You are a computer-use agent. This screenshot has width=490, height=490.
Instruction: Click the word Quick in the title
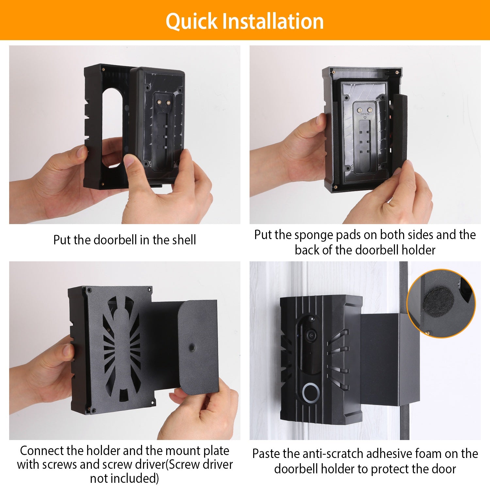coord(191,22)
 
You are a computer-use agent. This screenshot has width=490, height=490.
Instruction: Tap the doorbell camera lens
coord(311,335)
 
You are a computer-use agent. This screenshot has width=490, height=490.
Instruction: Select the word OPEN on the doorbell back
coord(365,114)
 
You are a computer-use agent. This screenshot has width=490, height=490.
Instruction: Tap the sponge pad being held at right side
coord(399,131)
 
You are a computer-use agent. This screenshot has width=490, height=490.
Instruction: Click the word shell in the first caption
coord(184,240)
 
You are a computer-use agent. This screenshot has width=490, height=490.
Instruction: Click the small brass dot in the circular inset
coord(428,333)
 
